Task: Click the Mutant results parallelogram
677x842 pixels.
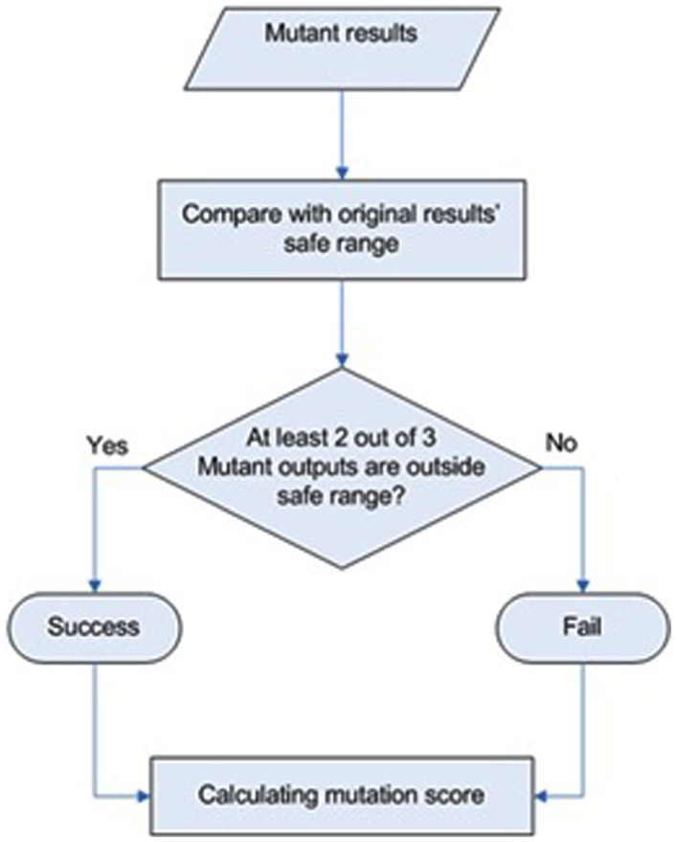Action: click(342, 49)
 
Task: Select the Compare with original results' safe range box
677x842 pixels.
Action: click(342, 229)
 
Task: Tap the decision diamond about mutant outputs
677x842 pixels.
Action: click(342, 467)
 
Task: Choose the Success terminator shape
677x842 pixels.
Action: click(95, 627)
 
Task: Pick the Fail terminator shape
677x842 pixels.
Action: click(582, 627)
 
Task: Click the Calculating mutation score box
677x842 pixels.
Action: click(342, 795)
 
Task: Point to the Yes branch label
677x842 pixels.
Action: click(108, 445)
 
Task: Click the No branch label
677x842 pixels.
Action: click(561, 443)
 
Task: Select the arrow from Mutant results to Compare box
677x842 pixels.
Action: click(342, 135)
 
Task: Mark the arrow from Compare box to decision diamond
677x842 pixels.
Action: click(342, 324)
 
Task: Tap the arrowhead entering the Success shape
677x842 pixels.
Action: click(95, 586)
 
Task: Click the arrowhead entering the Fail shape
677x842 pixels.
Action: click(583, 586)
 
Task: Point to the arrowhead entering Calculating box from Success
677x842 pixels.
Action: click(144, 796)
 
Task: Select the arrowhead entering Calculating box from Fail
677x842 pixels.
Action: click(541, 794)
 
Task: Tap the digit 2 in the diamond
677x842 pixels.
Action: click(340, 438)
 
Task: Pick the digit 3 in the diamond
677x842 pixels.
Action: click(428, 438)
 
